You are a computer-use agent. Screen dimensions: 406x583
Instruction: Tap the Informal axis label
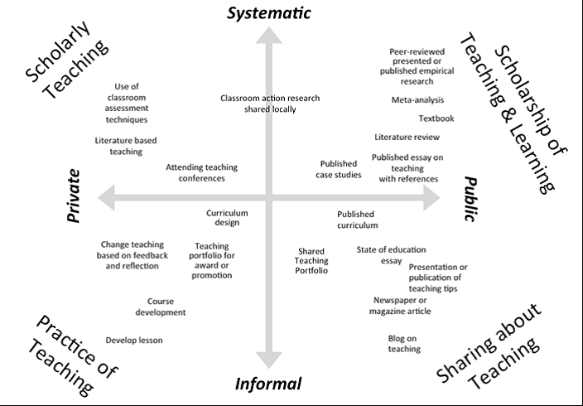tap(268, 384)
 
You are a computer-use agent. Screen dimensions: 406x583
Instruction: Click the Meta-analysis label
tap(417, 100)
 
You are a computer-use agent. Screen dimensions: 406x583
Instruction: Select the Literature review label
tap(407, 137)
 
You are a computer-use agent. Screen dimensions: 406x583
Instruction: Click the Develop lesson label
tap(134, 340)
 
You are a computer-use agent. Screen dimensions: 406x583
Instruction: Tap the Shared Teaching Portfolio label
tap(312, 260)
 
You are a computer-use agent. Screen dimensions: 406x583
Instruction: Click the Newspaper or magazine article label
tap(400, 305)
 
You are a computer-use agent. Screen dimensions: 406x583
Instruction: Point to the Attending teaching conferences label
tap(195, 172)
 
